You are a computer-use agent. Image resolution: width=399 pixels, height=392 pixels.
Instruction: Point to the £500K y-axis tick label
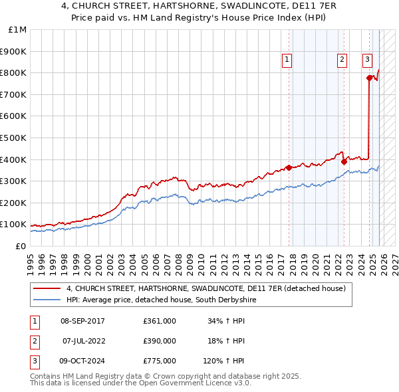(15, 138)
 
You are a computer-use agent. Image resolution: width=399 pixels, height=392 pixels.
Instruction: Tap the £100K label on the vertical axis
(15, 225)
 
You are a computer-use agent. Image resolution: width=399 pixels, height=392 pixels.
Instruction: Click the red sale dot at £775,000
(370, 78)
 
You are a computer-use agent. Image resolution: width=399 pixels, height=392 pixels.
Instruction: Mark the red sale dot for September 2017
(289, 167)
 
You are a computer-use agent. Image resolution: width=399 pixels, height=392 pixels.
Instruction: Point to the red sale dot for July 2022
(344, 161)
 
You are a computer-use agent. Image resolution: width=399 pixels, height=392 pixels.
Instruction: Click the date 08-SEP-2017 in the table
(82, 321)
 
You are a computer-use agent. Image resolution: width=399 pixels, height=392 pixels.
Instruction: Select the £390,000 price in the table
(159, 341)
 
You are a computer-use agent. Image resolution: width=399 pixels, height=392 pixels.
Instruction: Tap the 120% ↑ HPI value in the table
(224, 361)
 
